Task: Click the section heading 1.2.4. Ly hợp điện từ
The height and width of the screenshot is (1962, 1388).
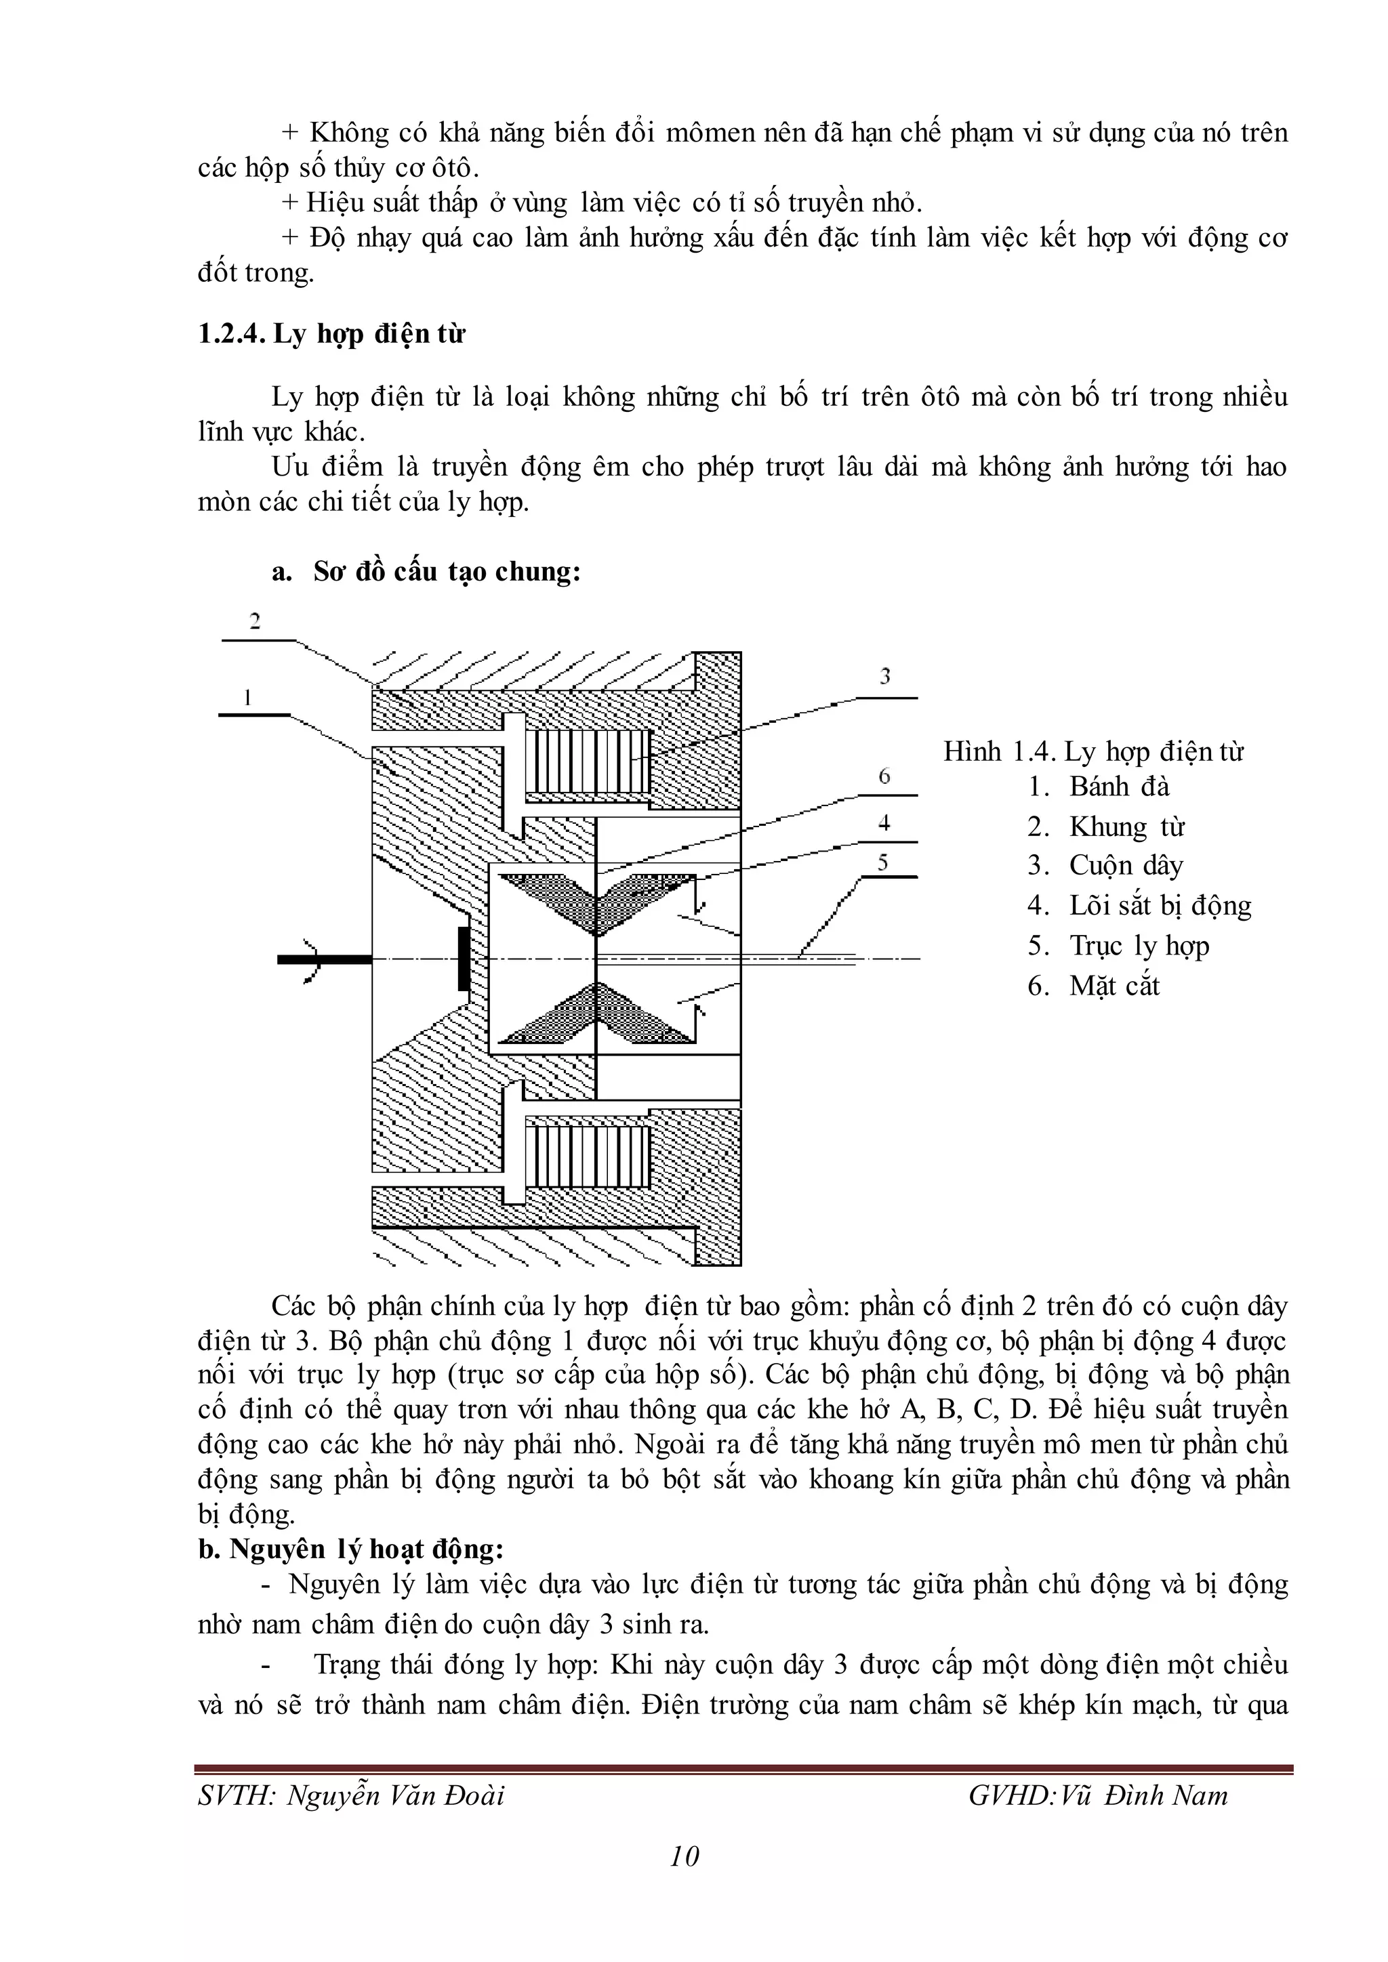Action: point(331,334)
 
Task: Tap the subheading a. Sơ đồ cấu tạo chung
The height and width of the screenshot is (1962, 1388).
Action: point(426,571)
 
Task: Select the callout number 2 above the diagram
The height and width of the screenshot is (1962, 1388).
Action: point(255,621)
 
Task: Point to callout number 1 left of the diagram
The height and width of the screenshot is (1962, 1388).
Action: point(248,698)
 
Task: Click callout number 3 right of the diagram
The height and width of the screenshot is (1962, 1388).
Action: point(885,677)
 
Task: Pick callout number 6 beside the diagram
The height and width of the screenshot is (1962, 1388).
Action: point(884,776)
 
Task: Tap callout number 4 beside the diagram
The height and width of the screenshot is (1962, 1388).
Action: point(884,823)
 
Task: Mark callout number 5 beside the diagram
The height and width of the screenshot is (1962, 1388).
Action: point(884,863)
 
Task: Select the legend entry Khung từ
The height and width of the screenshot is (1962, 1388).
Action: point(1126,827)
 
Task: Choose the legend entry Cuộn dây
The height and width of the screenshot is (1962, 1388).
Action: point(1126,866)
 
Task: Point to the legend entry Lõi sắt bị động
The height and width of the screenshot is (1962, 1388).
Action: point(1160,906)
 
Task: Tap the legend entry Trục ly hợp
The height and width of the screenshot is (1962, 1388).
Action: point(1139,946)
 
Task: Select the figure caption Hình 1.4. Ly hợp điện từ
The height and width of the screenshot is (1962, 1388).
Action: point(1093,752)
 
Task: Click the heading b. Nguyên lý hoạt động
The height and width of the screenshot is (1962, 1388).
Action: point(350,1549)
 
